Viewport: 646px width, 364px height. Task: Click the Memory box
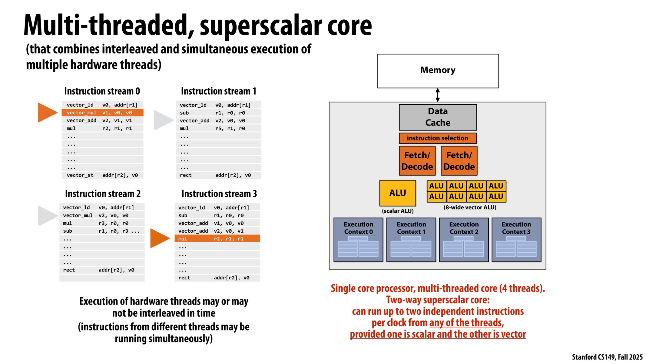tap(438, 71)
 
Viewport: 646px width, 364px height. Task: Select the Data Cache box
tap(438, 117)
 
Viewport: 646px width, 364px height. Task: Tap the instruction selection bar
tap(438, 138)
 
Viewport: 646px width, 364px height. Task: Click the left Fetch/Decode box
tap(417, 161)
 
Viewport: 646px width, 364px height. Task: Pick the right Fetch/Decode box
tap(459, 161)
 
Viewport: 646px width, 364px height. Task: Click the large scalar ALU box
tap(397, 193)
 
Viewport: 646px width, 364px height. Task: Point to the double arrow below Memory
tap(438, 95)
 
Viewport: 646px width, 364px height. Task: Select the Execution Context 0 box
tap(358, 240)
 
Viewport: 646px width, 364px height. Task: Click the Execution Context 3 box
tap(516, 240)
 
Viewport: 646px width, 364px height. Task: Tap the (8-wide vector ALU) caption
tap(470, 207)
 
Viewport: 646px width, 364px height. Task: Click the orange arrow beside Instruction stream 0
tap(47, 113)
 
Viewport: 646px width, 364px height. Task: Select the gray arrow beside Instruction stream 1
tap(163, 120)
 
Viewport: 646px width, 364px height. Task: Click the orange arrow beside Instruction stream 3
tap(159, 238)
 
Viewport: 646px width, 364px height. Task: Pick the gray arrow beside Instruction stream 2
tap(47, 215)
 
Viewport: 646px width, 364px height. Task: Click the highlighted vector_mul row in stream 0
tap(102, 113)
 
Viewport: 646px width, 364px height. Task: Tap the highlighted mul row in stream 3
tap(217, 239)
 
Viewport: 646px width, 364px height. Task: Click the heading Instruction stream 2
tap(103, 194)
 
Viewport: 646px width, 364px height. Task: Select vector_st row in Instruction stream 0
tap(102, 175)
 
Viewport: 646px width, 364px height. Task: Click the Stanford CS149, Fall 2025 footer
tap(607, 357)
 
